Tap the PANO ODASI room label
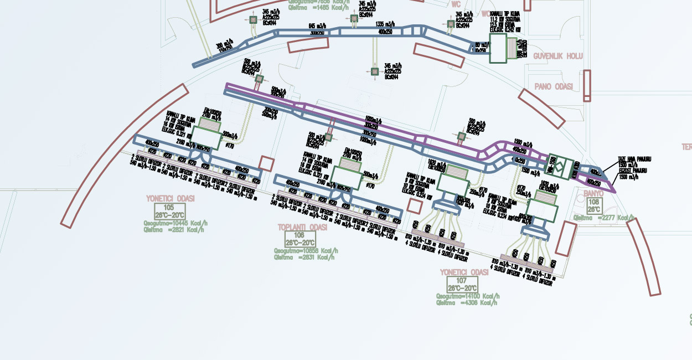(x=554, y=87)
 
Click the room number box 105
(x=169, y=211)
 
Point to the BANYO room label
(x=593, y=193)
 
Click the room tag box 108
(x=593, y=206)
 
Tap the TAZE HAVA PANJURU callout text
(x=634, y=160)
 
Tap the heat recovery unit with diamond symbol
(x=560, y=166)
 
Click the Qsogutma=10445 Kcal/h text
(x=175, y=223)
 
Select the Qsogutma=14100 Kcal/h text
(x=468, y=297)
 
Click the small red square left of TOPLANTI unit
(x=267, y=164)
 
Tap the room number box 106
(x=300, y=239)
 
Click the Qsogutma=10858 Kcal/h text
(x=306, y=250)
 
